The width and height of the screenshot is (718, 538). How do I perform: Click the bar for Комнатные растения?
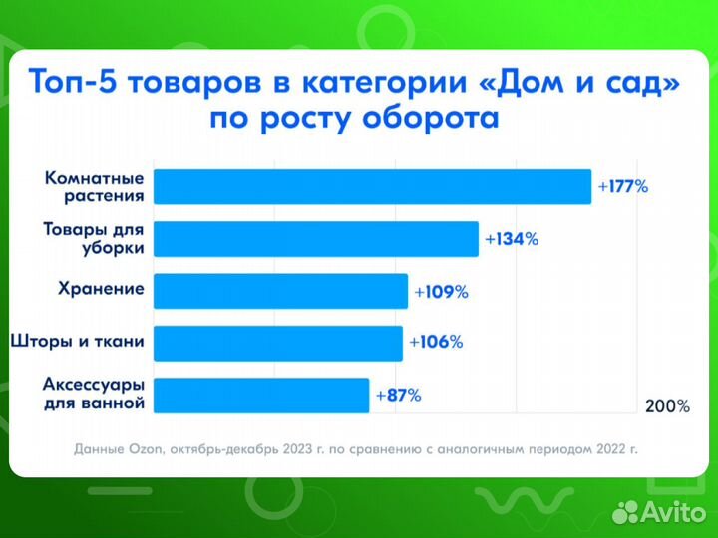tap(372, 187)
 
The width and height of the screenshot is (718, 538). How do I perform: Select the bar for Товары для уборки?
tap(315, 239)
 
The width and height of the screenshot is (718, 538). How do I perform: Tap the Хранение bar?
tap(280, 291)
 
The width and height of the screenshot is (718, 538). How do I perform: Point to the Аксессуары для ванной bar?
tap(261, 396)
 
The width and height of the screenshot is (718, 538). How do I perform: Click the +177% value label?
tap(623, 186)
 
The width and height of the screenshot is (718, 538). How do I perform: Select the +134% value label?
tap(512, 239)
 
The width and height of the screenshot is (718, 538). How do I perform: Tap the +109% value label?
tap(440, 292)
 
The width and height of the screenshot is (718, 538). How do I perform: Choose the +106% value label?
tap(436, 343)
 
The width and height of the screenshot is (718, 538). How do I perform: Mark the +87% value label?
tap(399, 396)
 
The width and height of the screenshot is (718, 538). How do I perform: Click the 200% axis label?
tap(667, 406)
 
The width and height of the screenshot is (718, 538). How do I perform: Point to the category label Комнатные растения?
tap(95, 187)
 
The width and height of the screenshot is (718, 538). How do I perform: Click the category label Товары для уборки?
tap(94, 239)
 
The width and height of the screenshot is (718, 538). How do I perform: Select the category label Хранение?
tap(101, 291)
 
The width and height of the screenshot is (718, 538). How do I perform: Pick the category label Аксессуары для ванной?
tap(95, 395)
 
